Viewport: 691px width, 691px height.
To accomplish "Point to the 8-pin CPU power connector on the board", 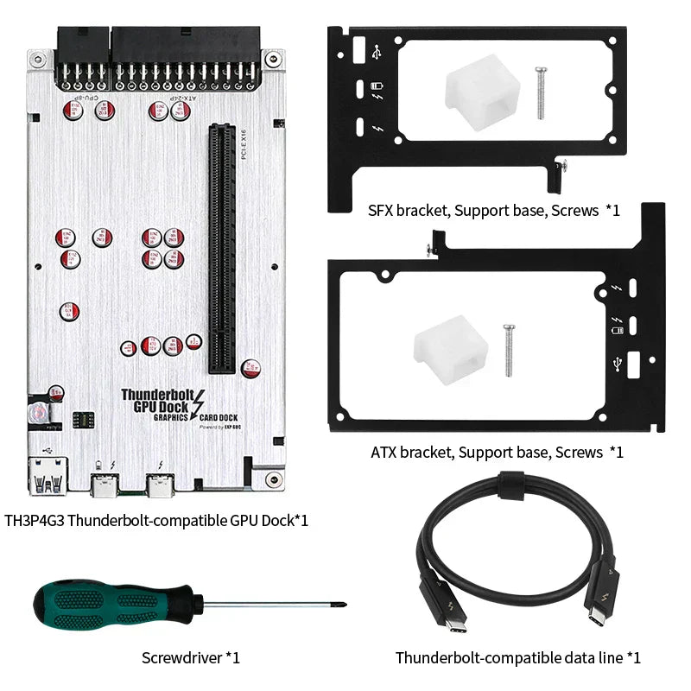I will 83,54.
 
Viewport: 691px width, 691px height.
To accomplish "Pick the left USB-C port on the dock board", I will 107,488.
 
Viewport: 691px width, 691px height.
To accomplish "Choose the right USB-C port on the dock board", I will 160,488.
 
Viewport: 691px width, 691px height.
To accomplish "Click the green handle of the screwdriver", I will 95,605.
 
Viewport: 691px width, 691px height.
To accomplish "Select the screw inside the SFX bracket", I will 541,92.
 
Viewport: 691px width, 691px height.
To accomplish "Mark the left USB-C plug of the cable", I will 437,604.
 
